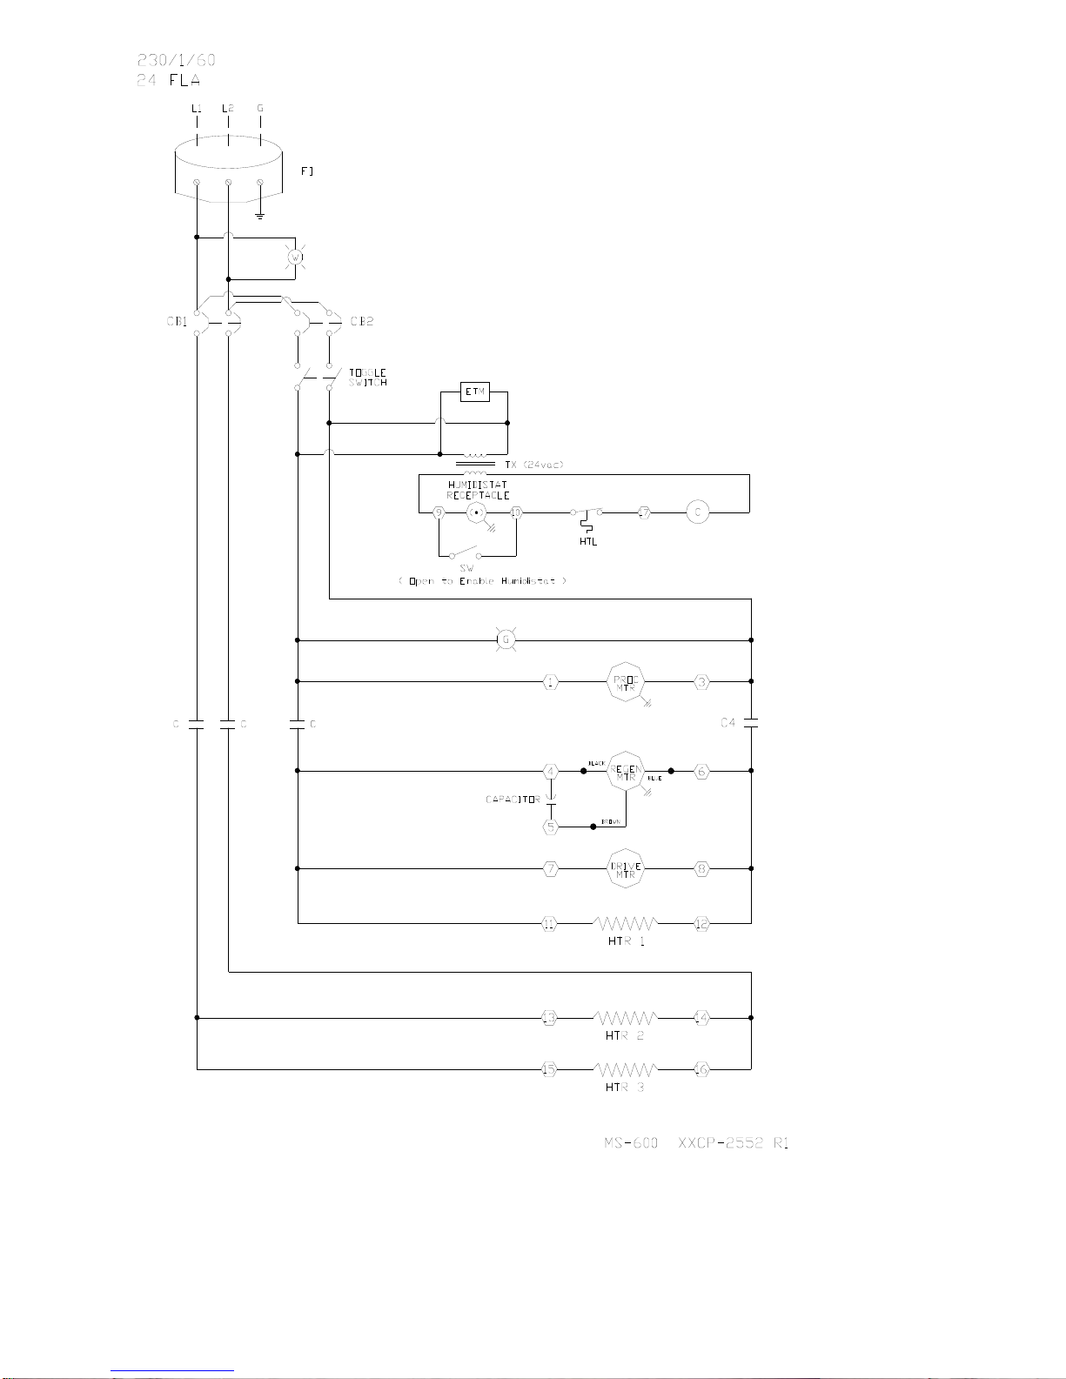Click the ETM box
pos(474,392)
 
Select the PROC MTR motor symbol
pos(624,682)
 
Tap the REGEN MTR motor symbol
pos(626,771)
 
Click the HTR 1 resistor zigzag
pos(625,923)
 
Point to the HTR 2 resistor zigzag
pos(625,1017)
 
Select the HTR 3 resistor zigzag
pos(625,1068)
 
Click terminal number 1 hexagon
pos(550,682)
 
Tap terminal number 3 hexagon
pos(702,682)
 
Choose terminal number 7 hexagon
pos(550,868)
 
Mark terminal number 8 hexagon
pos(702,868)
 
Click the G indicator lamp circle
pos(505,640)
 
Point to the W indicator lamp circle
pos(294,258)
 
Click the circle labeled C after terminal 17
pos(697,512)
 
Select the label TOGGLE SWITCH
pos(368,378)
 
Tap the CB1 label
pos(178,321)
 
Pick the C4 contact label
pos(729,722)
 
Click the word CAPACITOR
pos(513,799)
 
